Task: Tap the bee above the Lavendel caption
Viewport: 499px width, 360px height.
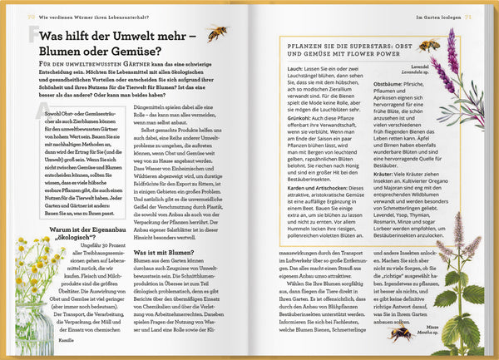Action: (430, 46)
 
